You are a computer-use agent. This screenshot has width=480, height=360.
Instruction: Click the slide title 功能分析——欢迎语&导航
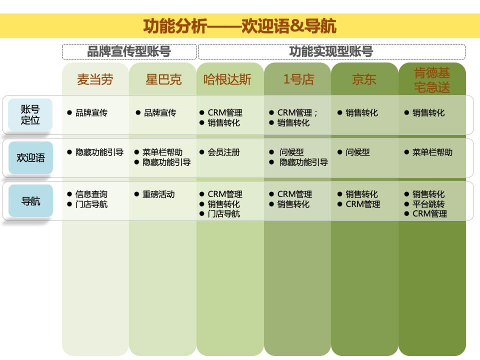point(239,25)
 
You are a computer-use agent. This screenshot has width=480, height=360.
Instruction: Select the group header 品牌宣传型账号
point(129,51)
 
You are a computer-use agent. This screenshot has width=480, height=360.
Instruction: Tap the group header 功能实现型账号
point(331,51)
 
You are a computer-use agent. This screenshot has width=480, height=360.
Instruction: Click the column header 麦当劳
point(95,79)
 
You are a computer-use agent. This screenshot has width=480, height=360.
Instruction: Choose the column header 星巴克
point(163,79)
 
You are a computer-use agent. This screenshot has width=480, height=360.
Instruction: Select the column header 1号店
point(298,79)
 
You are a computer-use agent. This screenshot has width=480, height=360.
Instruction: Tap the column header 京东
point(364,79)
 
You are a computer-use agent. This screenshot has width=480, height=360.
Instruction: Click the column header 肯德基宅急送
point(432,80)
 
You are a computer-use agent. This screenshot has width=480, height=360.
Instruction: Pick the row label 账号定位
point(30,114)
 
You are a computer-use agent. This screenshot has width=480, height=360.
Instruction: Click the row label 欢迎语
point(30,157)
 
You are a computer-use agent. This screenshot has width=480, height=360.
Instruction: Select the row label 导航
point(30,201)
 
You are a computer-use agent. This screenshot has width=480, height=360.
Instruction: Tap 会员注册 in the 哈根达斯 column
point(223,152)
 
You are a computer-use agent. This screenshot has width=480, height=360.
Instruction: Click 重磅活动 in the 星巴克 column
point(158,194)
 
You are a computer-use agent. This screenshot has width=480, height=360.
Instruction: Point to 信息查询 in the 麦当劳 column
point(91,194)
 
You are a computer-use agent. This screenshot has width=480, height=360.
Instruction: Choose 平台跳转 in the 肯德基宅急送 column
point(428,204)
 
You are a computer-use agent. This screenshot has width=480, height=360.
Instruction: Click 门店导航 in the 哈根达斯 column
point(223,214)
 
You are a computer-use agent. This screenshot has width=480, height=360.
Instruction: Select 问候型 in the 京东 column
point(357,152)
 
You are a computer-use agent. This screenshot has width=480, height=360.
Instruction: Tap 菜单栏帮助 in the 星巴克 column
point(162,152)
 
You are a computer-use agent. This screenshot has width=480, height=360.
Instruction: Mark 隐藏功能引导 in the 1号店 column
point(303,162)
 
